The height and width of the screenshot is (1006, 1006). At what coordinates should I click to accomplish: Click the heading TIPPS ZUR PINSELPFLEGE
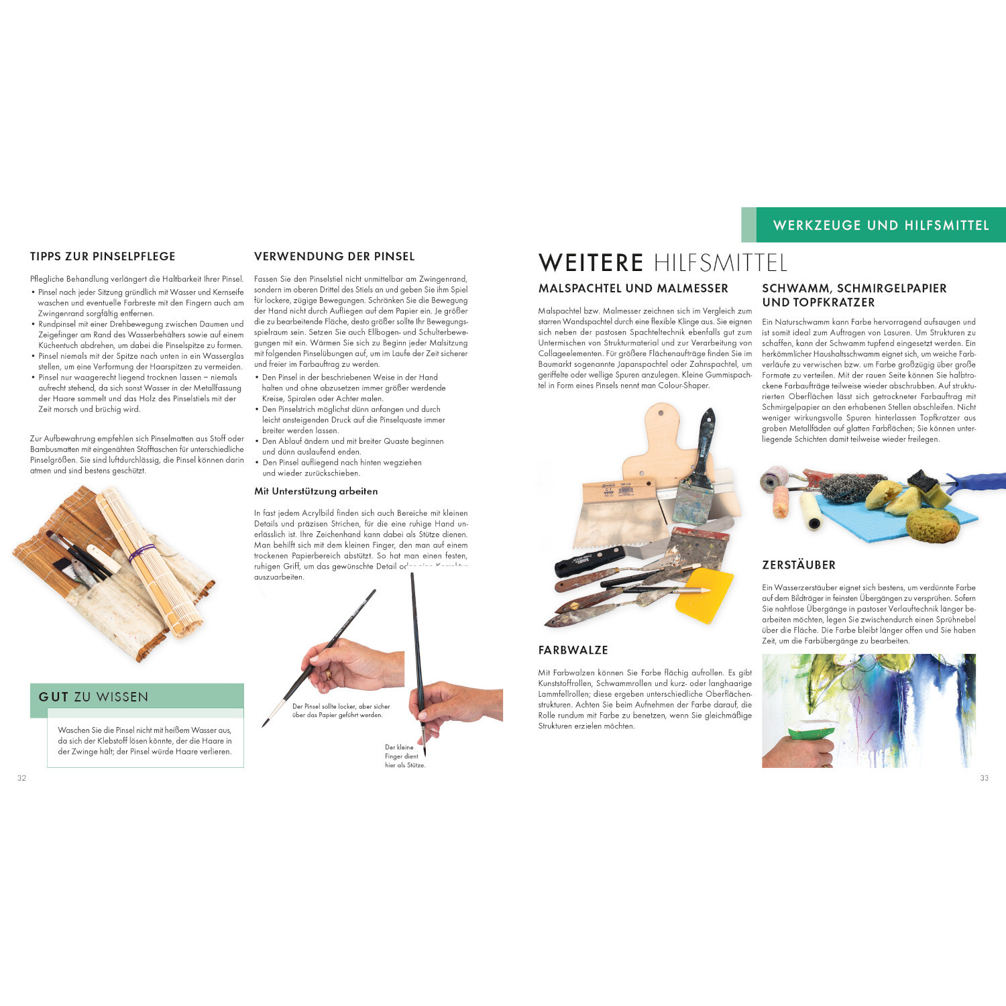(x=103, y=256)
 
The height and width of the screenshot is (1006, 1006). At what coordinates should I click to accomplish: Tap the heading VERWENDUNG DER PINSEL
(x=334, y=256)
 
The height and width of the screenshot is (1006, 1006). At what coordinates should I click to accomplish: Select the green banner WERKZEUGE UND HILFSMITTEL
(x=881, y=225)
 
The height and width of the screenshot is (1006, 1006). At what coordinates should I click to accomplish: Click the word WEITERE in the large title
(x=591, y=263)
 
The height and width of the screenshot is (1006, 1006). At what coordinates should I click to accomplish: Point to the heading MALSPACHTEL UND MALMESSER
(x=633, y=288)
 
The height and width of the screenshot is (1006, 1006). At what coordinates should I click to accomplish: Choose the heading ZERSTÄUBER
(x=799, y=565)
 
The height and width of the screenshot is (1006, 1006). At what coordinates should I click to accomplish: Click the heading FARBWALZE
(x=573, y=650)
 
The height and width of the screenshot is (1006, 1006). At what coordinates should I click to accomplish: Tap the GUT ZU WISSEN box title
(x=93, y=697)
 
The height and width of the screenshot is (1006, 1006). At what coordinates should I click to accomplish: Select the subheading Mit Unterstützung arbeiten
(x=316, y=492)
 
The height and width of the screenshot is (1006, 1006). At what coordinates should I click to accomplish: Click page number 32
(x=21, y=778)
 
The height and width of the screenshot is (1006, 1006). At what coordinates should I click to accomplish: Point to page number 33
(x=984, y=778)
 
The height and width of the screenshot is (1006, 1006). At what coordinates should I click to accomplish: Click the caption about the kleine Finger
(x=404, y=756)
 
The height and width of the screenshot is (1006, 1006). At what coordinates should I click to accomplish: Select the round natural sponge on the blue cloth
(x=933, y=525)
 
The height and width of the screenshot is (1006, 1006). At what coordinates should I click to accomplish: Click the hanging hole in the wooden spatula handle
(x=663, y=410)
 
